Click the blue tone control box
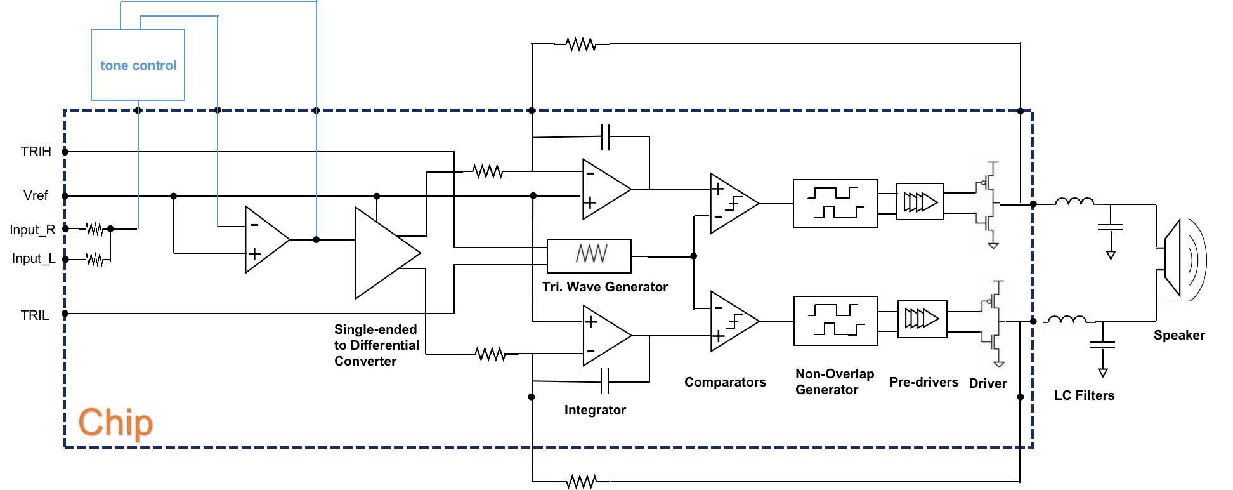tap(138, 65)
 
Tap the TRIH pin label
tap(36, 152)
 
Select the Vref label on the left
tap(36, 195)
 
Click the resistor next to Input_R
tap(94, 228)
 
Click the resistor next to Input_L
tap(94, 259)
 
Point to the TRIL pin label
tap(34, 315)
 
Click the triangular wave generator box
tap(589, 255)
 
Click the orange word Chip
tap(115, 423)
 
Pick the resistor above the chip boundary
tap(581, 44)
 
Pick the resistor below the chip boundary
tap(581, 482)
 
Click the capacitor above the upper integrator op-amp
tap(605, 136)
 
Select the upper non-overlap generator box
tap(835, 203)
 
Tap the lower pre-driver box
tap(922, 319)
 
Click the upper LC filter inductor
tap(1074, 202)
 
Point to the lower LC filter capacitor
tap(1102, 345)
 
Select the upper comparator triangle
tap(731, 203)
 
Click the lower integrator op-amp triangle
tap(604, 336)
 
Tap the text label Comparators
tap(725, 382)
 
